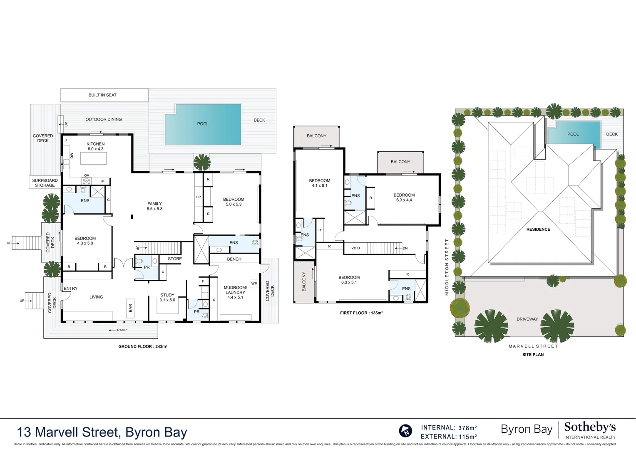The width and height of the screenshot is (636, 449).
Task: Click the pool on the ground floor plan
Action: click(203, 124)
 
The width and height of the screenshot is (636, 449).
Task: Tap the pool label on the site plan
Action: click(573, 134)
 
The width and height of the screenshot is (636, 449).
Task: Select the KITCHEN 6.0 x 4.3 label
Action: click(96, 146)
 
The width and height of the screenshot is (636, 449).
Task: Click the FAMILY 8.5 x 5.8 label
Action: click(154, 206)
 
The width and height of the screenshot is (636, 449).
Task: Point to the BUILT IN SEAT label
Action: click(102, 95)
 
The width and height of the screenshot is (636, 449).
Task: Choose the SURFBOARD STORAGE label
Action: click(45, 183)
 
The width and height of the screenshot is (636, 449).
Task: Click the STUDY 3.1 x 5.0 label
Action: click(167, 297)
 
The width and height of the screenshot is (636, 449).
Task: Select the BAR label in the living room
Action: click(130, 308)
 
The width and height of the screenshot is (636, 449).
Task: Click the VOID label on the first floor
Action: click(355, 248)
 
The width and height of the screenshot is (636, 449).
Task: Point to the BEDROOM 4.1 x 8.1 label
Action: click(320, 183)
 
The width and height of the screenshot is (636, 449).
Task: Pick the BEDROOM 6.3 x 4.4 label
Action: click(404, 197)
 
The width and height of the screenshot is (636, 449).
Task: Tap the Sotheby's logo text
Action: click(589, 427)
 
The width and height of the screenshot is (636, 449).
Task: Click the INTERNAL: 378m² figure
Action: click(449, 428)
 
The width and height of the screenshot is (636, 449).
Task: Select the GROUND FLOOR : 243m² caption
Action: click(143, 346)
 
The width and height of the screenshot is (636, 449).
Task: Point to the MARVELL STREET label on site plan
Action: click(533, 346)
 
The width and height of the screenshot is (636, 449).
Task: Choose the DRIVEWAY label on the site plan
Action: click(527, 319)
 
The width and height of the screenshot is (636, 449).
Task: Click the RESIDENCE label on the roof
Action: click(538, 229)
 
